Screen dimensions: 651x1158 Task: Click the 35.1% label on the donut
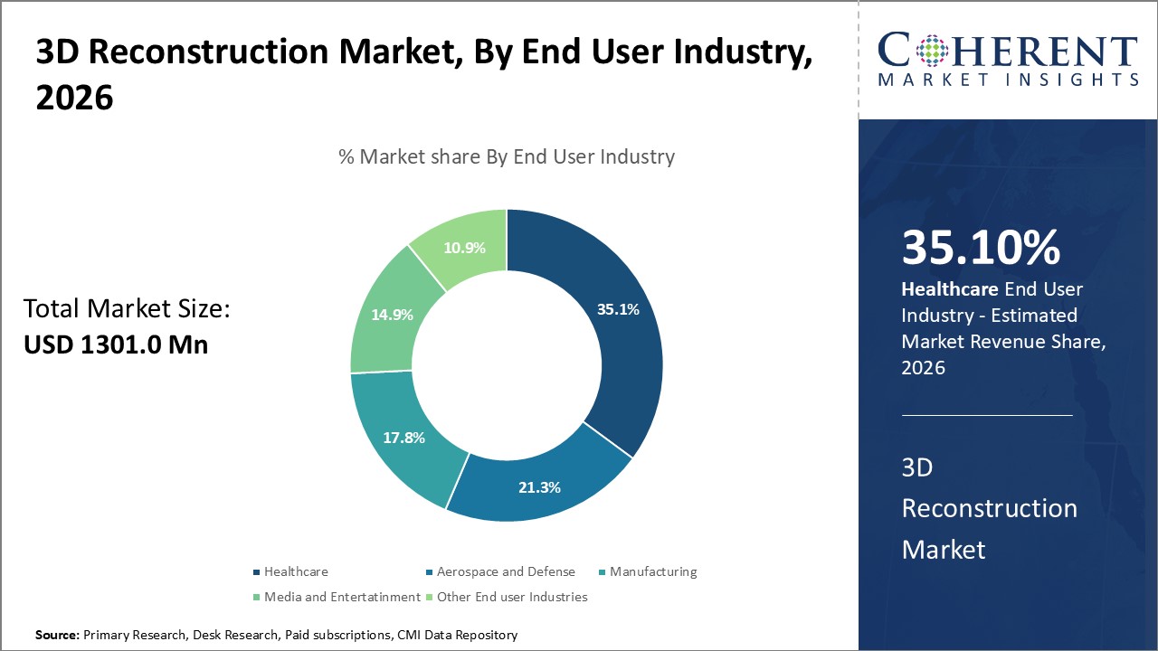618,309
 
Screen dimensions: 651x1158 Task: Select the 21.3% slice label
539,487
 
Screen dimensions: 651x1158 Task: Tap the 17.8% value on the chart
403,438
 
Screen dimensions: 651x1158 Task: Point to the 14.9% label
392,315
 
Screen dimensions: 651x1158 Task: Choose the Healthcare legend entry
296,571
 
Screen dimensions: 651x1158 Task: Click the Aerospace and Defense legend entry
505,571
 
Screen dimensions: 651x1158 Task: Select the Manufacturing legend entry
652,571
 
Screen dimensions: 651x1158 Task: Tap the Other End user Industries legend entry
512,597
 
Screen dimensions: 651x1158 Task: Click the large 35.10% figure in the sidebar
981,249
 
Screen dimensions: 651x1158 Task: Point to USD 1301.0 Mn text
115,344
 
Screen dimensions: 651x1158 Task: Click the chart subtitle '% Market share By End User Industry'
507,156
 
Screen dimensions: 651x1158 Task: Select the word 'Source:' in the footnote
57,636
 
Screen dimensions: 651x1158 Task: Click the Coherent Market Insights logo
1008,60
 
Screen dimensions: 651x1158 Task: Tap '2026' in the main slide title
74,98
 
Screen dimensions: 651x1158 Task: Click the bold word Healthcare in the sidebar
949,289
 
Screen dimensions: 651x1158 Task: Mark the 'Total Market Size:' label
127,309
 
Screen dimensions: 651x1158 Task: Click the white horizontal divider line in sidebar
986,416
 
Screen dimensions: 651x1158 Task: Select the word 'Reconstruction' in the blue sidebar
989,508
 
